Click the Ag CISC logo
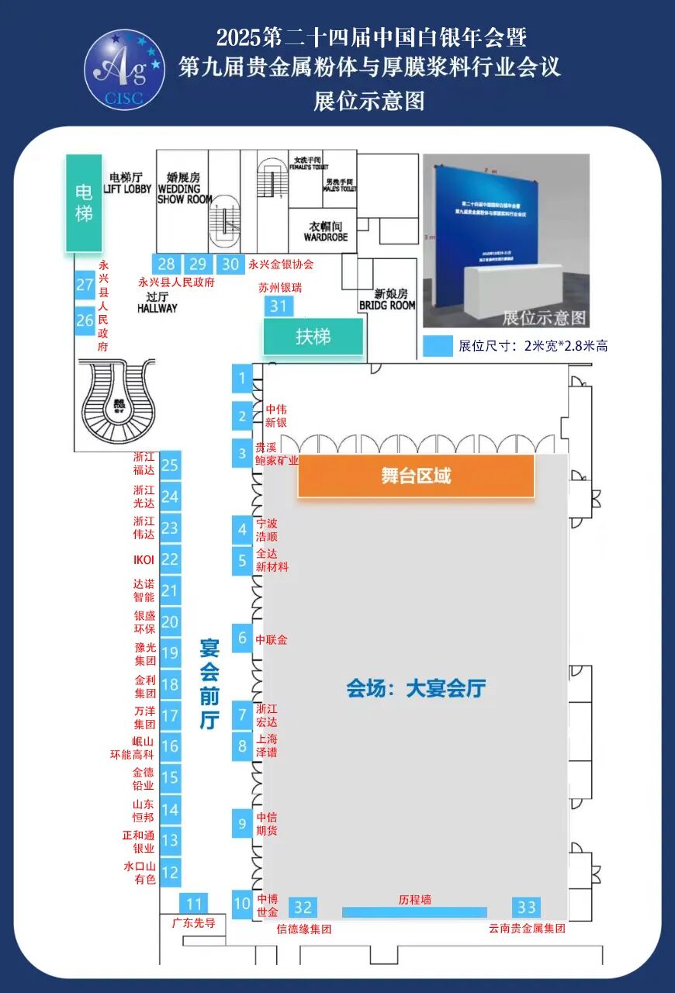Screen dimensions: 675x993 [x=125, y=70]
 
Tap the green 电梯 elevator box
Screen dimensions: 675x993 [x=84, y=202]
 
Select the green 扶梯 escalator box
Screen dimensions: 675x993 [x=313, y=337]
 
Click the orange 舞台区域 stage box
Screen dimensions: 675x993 [x=416, y=476]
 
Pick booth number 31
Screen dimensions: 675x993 [x=279, y=306]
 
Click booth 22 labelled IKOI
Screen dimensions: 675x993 [x=170, y=559]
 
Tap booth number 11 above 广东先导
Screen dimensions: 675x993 [x=194, y=904]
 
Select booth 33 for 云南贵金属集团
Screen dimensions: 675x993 [x=527, y=907]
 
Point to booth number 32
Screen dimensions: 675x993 [x=303, y=907]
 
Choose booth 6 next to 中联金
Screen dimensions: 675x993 [x=242, y=638]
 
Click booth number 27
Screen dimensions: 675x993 [x=85, y=285]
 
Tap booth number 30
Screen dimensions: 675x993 [x=230, y=264]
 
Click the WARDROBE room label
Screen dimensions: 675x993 [x=325, y=232]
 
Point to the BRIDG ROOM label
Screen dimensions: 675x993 [x=387, y=300]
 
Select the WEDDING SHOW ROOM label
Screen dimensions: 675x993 [x=185, y=188]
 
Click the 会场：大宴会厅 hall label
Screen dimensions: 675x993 [x=416, y=688]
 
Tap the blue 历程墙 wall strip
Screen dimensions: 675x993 [x=414, y=912]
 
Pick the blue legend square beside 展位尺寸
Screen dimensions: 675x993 [x=438, y=346]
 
